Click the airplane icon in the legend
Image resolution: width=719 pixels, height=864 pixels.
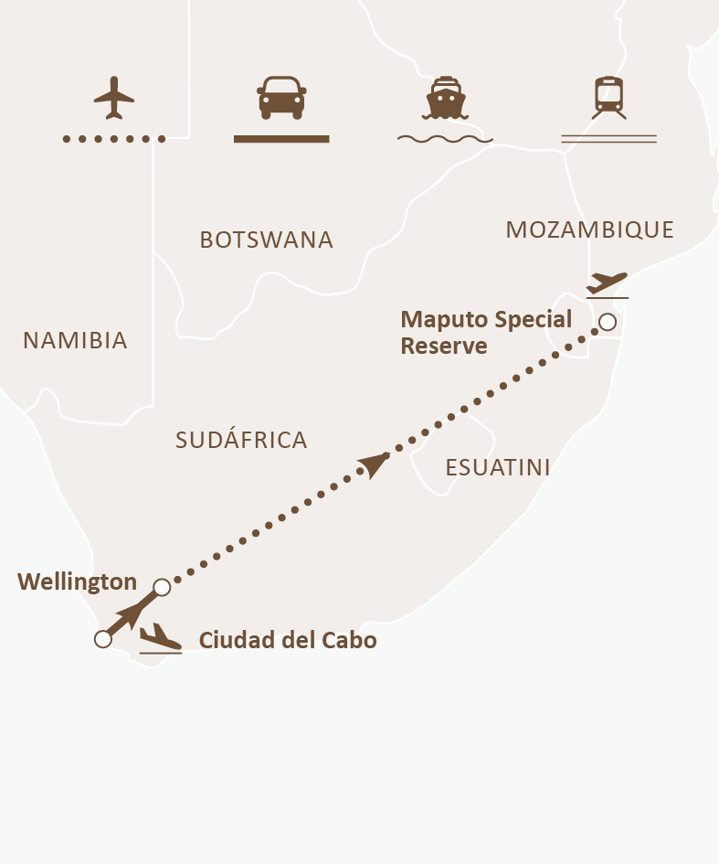(114, 97)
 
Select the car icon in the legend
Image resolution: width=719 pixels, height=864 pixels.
(281, 97)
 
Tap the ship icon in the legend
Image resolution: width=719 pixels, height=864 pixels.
(444, 97)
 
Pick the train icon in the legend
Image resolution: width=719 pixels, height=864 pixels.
(608, 97)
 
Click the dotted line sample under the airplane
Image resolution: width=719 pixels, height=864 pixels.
(114, 139)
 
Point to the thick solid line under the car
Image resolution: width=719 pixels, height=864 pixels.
(281, 139)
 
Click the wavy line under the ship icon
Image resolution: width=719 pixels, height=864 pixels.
(445, 140)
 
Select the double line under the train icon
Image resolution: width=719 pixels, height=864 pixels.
(608, 139)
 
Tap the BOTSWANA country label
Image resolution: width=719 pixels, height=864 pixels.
(266, 240)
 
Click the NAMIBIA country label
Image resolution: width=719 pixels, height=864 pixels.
(75, 341)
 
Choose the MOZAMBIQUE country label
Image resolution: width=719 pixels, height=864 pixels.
(589, 230)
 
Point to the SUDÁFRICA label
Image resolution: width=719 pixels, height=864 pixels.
(241, 441)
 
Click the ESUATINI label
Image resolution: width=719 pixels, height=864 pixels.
(497, 468)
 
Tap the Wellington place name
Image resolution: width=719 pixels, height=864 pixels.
(77, 581)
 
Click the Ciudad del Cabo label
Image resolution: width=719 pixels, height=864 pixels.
(288, 640)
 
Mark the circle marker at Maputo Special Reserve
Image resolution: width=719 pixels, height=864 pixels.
(608, 322)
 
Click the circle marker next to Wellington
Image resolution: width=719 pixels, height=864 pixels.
(162, 587)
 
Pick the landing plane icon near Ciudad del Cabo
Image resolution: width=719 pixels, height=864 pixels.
(160, 637)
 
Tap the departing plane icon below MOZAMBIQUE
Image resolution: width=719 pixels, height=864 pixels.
(608, 283)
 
